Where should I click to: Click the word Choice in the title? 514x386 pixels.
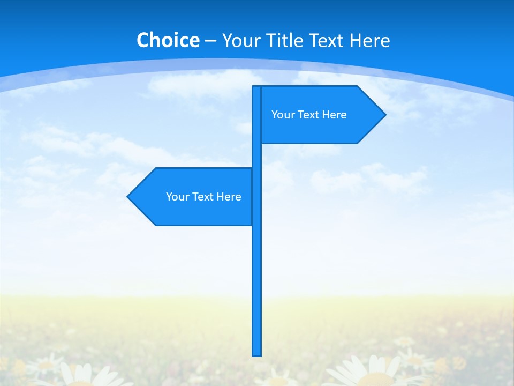[168, 40]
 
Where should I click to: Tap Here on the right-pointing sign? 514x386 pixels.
[335, 115]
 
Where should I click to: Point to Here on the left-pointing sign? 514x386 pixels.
[229, 197]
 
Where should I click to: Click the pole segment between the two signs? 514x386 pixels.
[257, 155]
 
